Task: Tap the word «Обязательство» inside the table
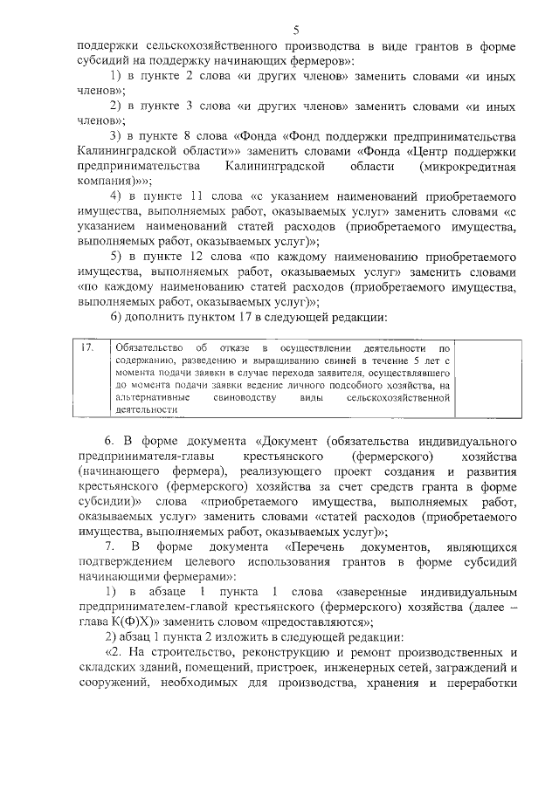click(x=150, y=348)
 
